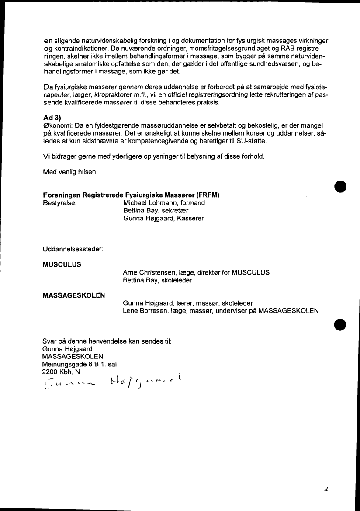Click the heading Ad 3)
click(51, 118)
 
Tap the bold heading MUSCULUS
click(62, 264)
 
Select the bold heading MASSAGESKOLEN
click(73, 295)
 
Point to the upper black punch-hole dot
click(340, 185)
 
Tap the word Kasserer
click(188, 218)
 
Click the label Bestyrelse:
click(60, 203)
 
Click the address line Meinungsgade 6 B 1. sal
click(79, 364)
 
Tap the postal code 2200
click(49, 372)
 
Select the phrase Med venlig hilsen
click(69, 172)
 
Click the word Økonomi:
click(58, 126)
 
